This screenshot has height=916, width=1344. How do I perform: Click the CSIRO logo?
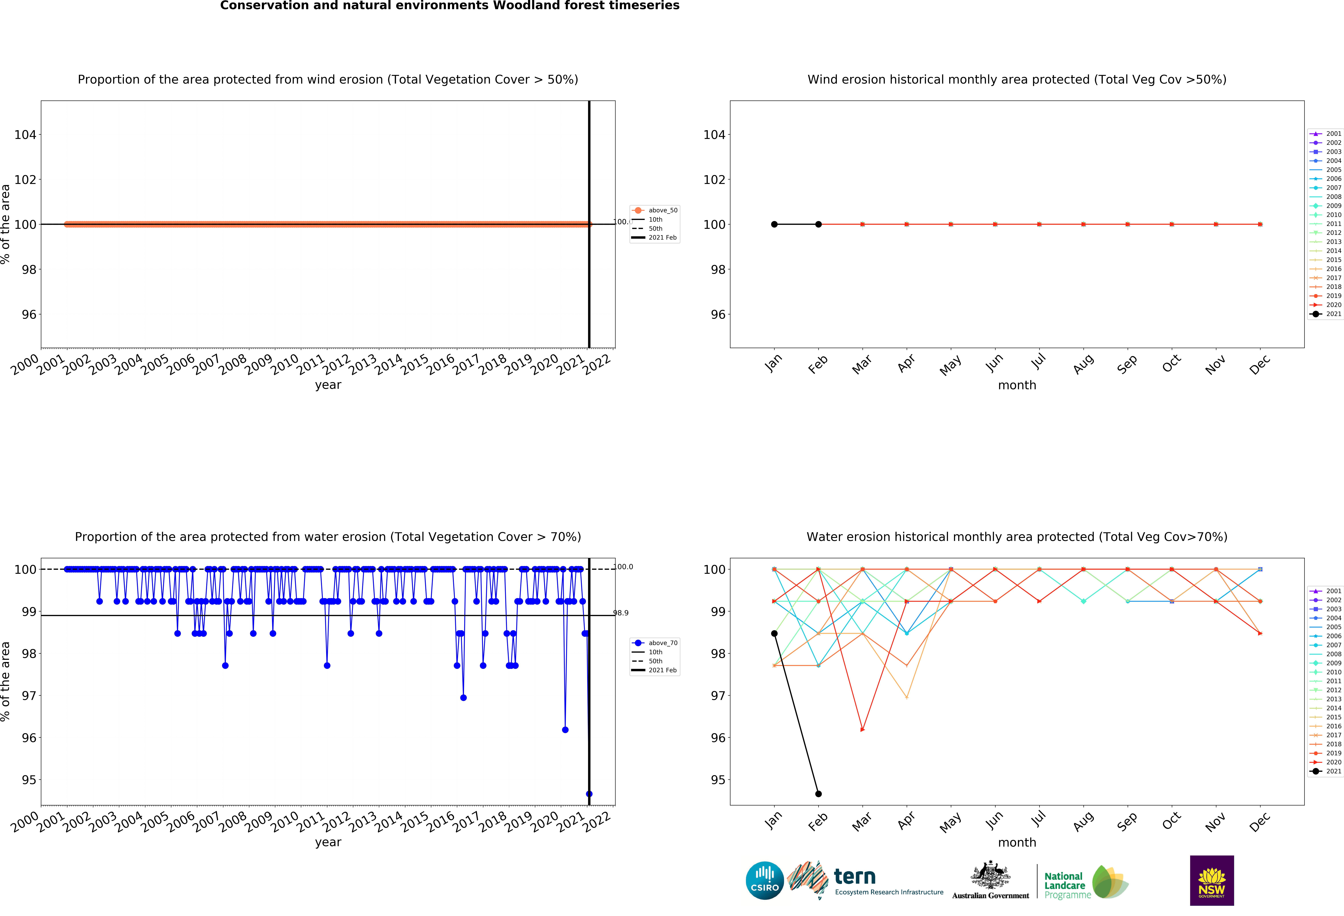pos(765,880)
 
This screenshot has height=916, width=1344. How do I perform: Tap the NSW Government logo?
pos(1212,880)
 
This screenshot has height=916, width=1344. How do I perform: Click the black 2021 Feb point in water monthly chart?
pos(818,793)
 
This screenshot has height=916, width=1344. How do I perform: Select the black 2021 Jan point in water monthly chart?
pos(774,633)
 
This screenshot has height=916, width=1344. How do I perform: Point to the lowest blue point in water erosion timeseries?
pos(589,793)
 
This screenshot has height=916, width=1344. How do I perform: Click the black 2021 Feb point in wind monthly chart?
pos(818,224)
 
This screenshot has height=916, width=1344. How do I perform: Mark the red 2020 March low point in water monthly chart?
pos(862,730)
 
